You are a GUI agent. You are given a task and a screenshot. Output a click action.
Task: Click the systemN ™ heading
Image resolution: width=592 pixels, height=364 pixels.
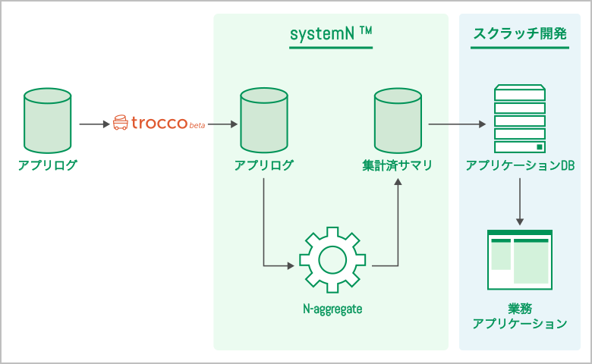(x=331, y=33)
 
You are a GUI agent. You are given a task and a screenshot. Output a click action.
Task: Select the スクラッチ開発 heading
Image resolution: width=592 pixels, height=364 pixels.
(x=520, y=33)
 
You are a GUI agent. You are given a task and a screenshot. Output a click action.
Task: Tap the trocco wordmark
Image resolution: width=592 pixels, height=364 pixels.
(x=159, y=123)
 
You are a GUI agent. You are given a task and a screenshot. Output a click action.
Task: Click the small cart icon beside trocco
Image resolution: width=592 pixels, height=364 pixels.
(x=121, y=123)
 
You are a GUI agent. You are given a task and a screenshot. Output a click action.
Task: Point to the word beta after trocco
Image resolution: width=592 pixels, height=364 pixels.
(x=197, y=125)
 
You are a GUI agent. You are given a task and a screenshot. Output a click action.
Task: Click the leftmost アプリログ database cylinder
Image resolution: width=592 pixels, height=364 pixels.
(x=48, y=121)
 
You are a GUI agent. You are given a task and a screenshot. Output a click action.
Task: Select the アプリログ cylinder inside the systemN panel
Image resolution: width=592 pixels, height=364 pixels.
(x=264, y=121)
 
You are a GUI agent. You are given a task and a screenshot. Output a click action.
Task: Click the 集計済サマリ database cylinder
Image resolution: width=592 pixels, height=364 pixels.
(x=398, y=121)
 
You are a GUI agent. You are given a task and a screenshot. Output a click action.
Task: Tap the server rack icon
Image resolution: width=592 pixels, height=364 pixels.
(x=520, y=118)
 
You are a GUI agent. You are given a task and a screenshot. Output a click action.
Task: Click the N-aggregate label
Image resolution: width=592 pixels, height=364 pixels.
(x=332, y=309)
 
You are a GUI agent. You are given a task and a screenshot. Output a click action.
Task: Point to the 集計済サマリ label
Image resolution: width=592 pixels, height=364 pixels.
(x=397, y=165)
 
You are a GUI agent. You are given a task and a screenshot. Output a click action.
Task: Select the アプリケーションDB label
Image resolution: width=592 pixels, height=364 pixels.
(x=520, y=165)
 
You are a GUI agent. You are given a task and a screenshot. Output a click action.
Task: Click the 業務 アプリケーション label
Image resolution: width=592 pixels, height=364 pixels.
(x=520, y=316)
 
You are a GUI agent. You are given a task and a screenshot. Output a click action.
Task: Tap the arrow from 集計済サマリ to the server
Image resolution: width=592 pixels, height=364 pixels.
(x=457, y=124)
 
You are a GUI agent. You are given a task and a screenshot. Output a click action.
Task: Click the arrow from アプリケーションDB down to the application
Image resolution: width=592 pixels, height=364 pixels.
(x=520, y=202)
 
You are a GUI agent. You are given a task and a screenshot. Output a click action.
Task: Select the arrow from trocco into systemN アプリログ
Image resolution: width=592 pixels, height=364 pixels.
(x=222, y=124)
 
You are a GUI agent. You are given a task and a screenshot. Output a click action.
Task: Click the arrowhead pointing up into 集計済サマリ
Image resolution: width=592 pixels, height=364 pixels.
(x=398, y=181)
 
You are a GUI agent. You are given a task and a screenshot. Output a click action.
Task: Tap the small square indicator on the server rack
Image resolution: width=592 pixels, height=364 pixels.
(x=540, y=146)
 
